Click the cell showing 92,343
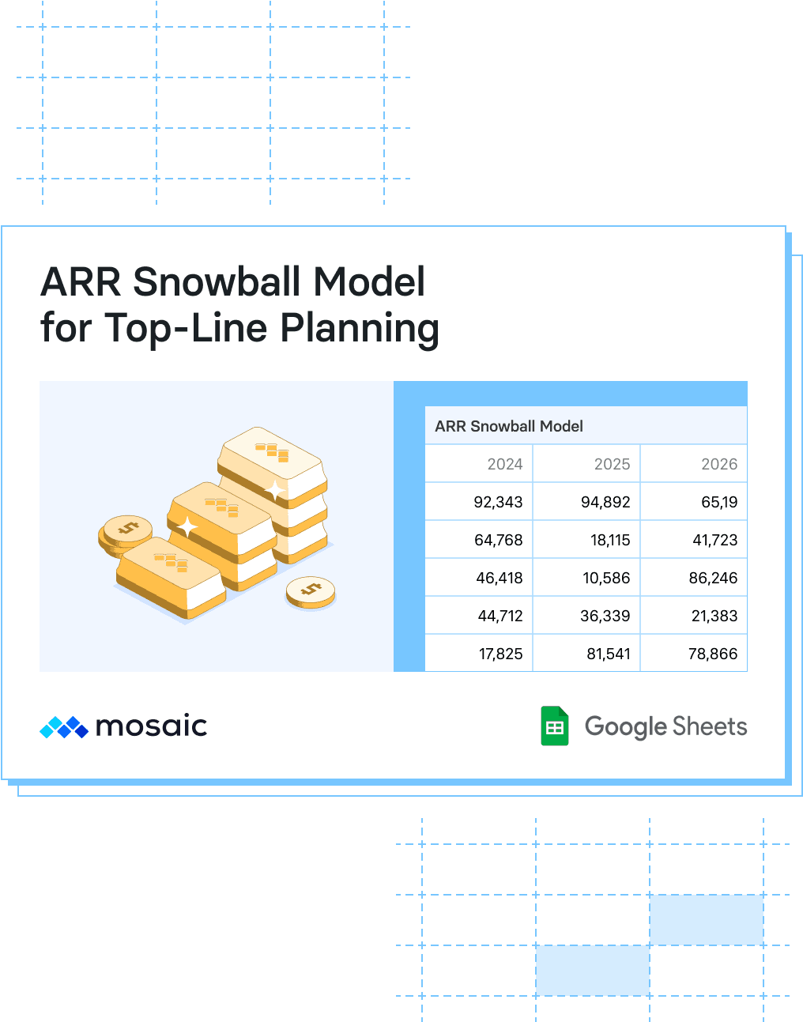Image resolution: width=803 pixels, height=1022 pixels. point(479,501)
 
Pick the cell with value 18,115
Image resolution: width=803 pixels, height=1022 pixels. point(586,539)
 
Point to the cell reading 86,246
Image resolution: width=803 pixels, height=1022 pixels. point(693,578)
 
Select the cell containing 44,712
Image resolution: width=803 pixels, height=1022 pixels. point(479,615)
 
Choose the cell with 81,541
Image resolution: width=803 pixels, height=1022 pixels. point(586,653)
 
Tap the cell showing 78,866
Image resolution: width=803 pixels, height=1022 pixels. point(693,653)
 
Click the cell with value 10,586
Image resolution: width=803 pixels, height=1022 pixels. point(586,578)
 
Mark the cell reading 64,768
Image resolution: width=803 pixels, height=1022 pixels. point(479,539)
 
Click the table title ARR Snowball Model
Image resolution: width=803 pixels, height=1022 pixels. point(509,426)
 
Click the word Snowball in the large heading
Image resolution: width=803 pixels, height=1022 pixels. point(217,281)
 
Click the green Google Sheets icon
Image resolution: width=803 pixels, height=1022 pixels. point(555,726)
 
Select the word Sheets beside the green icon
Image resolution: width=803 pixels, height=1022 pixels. point(710,726)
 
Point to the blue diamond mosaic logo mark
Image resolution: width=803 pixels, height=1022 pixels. point(64,727)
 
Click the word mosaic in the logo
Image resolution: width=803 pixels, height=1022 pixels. point(152,726)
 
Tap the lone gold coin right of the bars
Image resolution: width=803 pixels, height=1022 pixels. point(311,592)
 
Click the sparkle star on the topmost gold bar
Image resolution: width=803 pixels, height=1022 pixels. point(274,491)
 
